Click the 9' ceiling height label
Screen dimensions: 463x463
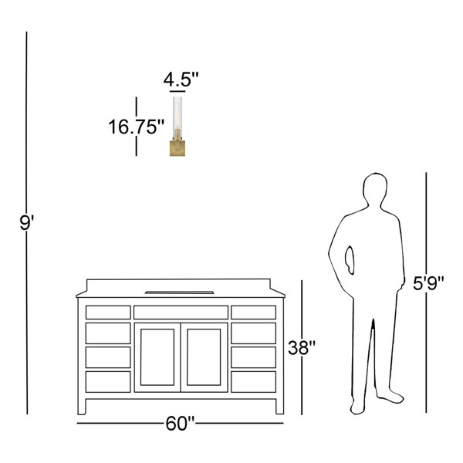click(26, 223)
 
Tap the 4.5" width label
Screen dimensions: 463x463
click(181, 79)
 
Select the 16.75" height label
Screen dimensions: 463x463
click(136, 127)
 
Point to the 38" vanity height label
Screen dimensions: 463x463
click(302, 347)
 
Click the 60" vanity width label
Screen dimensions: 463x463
click(180, 424)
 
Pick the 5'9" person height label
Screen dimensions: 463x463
click(428, 283)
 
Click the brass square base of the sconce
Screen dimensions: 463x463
click(177, 148)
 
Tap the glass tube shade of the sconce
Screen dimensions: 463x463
click(177, 116)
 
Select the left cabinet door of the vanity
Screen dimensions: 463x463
click(157, 357)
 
